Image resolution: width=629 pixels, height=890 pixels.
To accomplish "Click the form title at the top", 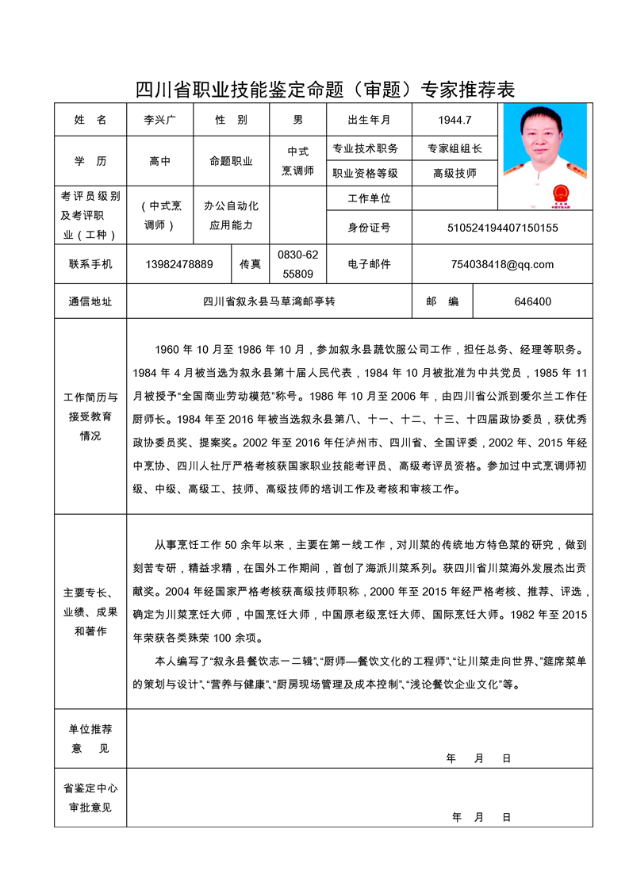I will click(x=325, y=90).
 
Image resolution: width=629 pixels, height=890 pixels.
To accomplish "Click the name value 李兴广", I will click(x=159, y=120).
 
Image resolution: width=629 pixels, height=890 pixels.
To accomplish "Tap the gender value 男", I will click(x=298, y=120).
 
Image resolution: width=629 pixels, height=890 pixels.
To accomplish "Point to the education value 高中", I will click(x=159, y=161).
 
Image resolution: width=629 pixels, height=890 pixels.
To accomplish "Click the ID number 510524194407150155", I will click(x=502, y=228).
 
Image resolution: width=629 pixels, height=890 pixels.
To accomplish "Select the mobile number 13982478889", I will click(x=179, y=264).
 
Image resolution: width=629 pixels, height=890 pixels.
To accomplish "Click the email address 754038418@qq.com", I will click(x=502, y=264).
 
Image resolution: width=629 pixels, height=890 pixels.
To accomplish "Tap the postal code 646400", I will click(x=532, y=301).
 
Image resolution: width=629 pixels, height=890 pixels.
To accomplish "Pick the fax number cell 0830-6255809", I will click(x=297, y=264).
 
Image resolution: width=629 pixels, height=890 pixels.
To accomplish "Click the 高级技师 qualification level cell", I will click(x=454, y=173).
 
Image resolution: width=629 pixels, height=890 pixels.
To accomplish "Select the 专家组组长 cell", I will click(x=454, y=148).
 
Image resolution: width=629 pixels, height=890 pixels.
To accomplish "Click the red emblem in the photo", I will click(x=558, y=194).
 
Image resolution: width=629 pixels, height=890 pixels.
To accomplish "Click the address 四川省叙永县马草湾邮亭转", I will click(x=270, y=301).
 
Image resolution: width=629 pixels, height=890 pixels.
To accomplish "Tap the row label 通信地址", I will click(x=90, y=301).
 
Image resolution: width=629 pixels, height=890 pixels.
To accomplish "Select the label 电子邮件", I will click(x=369, y=264).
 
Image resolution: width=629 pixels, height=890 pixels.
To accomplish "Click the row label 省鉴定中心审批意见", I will click(x=90, y=798).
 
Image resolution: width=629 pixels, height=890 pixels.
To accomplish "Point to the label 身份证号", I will click(x=369, y=228).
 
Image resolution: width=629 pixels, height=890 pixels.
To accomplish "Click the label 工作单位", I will click(x=369, y=198).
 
